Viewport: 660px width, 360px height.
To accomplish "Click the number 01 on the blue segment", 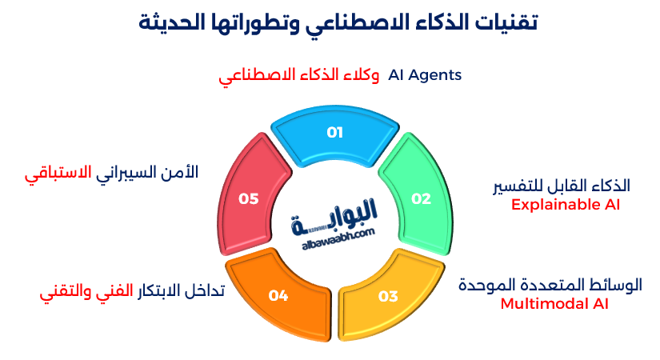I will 334,133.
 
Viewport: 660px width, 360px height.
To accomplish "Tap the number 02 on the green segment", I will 421,198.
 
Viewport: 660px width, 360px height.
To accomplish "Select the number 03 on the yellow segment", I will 388,296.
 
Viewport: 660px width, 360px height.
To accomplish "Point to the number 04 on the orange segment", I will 278,296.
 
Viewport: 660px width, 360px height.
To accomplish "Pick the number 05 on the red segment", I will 248,198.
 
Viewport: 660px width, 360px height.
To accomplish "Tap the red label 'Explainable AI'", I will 566,204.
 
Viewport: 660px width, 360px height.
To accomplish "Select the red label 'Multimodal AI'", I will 554,303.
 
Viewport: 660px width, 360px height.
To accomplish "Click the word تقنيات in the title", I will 502,22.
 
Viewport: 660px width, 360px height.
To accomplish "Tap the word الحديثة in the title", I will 180,22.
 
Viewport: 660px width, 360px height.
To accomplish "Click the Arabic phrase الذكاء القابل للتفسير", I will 561,186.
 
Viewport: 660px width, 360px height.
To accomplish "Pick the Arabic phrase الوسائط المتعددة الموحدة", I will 550,285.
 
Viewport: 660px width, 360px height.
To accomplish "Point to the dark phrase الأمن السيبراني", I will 146,173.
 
